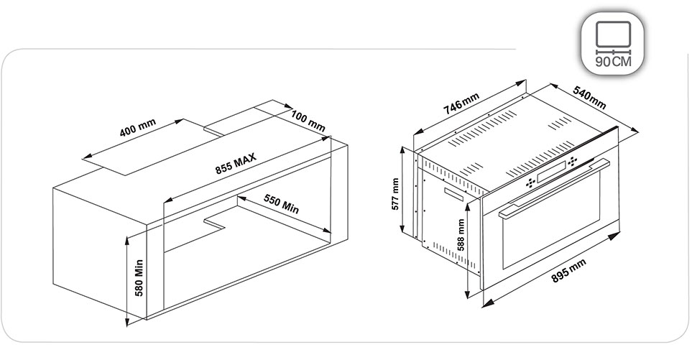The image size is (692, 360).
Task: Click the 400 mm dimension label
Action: point(138,127)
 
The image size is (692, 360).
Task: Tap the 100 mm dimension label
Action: point(308,121)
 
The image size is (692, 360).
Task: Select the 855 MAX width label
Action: point(236,164)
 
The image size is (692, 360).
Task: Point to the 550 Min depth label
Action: point(282,204)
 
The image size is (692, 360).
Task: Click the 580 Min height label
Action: point(139,277)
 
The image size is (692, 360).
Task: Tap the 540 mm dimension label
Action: point(590,97)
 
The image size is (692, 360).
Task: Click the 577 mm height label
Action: point(395,194)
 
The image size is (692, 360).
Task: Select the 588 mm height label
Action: point(461,235)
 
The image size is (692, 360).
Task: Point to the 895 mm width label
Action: point(569,270)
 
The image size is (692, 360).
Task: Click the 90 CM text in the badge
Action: point(614,61)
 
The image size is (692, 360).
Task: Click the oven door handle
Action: point(554,188)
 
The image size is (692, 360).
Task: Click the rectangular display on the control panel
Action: point(551,172)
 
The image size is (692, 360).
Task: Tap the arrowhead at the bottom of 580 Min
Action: point(127,322)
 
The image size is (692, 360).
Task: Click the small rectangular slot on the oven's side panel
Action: point(453,194)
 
